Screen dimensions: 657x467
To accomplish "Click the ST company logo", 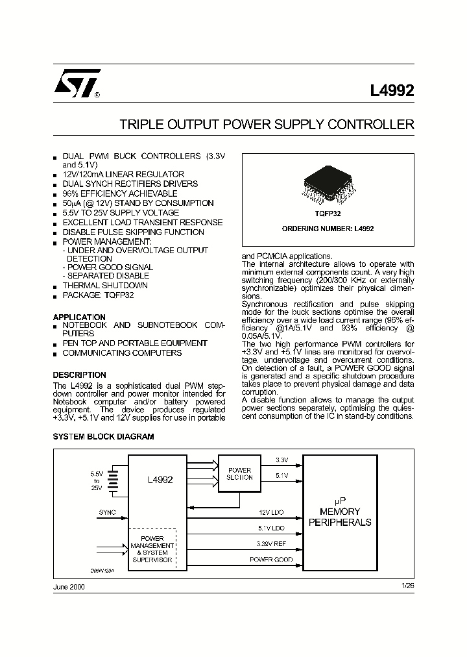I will [x=77, y=84].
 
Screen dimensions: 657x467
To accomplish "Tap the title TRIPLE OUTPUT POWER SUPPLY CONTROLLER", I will [x=267, y=125].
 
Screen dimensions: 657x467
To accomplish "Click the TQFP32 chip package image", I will [x=327, y=186].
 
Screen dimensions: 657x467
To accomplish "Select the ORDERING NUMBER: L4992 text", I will [x=328, y=229].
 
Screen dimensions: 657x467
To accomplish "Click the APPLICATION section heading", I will [x=79, y=317].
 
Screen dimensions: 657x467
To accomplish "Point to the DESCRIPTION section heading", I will [x=79, y=375].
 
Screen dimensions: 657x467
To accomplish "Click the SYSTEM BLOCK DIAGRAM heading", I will [x=103, y=437].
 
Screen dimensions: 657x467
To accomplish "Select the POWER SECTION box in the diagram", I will [x=239, y=474].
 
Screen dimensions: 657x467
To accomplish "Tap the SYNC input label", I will [x=107, y=512].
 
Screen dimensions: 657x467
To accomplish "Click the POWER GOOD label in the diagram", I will [x=271, y=559].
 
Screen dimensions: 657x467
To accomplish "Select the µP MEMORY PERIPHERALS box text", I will [x=341, y=512].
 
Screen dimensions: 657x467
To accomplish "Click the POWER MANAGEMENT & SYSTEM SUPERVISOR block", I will [x=152, y=549].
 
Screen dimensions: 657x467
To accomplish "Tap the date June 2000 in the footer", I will [x=68, y=586].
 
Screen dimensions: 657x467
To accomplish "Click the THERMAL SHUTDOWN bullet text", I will [x=104, y=285].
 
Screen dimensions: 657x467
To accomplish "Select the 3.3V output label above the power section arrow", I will [x=281, y=460].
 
